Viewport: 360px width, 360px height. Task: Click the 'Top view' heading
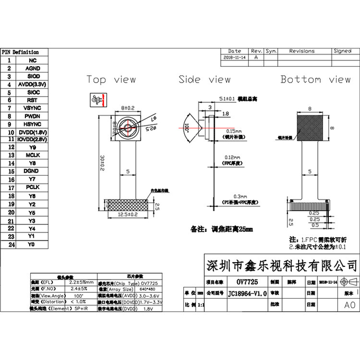point(111,79)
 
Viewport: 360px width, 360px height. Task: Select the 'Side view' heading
point(204,79)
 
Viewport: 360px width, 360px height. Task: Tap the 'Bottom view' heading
point(315,79)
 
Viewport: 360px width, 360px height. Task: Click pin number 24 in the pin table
point(10,245)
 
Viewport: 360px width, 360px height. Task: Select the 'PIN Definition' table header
point(20,52)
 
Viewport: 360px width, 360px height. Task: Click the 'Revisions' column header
point(302,51)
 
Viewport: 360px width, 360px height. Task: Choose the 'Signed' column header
point(342,51)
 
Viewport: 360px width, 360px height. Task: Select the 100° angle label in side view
point(186,128)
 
